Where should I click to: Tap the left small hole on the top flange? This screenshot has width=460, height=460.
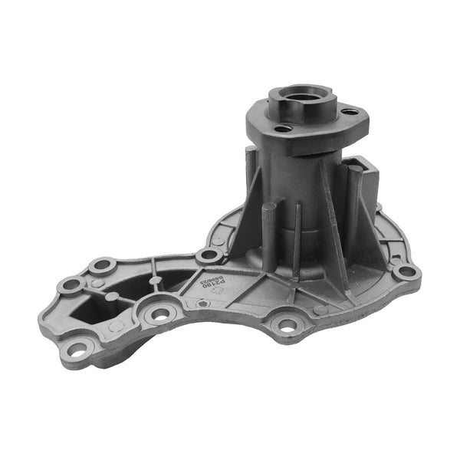[x=283, y=130]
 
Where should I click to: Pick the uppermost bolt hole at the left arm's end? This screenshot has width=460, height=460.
[x=102, y=267]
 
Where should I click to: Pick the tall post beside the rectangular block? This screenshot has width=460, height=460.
[x=353, y=207]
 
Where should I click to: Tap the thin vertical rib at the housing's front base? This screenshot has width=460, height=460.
[x=297, y=230]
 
